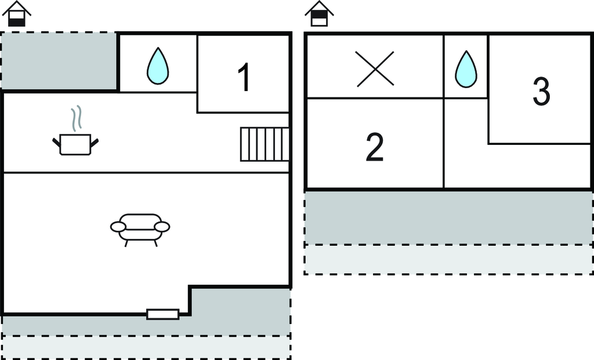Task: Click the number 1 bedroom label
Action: (245, 78)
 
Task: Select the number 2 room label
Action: (375, 147)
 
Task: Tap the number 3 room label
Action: (541, 92)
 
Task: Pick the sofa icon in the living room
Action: (140, 228)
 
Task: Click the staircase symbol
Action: (265, 144)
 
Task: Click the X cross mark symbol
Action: (375, 69)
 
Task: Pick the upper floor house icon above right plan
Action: (319, 14)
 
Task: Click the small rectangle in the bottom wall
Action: (162, 314)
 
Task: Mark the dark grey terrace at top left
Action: (58, 61)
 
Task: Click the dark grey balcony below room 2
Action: (448, 217)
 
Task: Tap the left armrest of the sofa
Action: (118, 227)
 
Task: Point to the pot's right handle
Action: (94, 141)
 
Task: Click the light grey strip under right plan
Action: (448, 259)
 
